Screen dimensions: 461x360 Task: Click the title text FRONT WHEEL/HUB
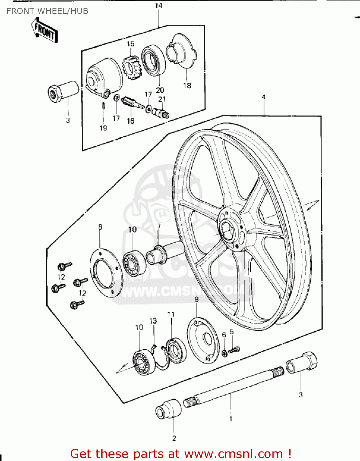[47, 11]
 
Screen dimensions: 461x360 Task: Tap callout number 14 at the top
[158, 6]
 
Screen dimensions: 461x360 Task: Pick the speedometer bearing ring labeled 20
[153, 60]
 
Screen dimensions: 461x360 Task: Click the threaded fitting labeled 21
[162, 113]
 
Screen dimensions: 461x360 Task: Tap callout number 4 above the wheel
[264, 97]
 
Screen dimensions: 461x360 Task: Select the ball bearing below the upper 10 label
[134, 263]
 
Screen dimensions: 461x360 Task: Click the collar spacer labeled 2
[169, 409]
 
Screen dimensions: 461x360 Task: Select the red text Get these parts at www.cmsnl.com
[181, 454]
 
